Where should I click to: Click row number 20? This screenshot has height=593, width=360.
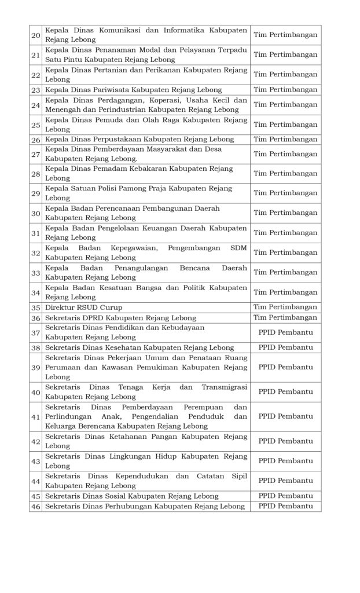(35, 35)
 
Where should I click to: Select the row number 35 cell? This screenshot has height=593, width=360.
(35, 307)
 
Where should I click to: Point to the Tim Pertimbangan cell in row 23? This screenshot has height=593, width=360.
(285, 90)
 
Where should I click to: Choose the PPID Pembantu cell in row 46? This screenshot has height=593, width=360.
(285, 506)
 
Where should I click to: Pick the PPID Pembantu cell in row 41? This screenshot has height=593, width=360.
(285, 416)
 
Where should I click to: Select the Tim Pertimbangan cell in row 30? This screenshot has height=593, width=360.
(285, 213)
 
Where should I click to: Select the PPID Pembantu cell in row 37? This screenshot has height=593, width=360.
(285, 332)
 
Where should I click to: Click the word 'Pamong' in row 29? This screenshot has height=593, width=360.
(138, 188)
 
